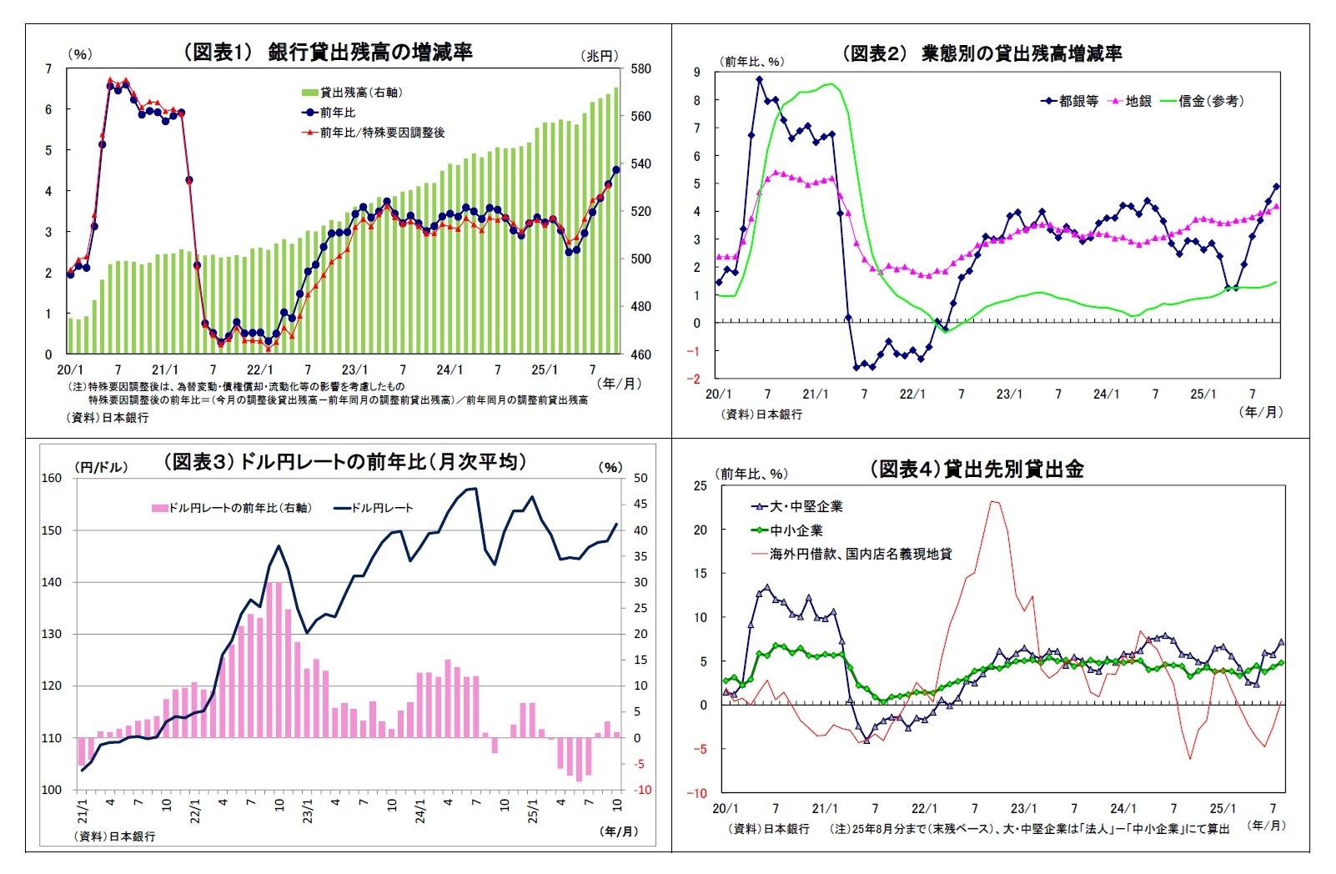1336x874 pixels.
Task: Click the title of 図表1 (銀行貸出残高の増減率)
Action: point(328,52)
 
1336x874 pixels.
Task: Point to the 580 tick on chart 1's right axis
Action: point(640,69)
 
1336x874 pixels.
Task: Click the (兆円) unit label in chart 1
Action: point(600,55)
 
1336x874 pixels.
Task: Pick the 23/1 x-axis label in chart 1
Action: point(354,369)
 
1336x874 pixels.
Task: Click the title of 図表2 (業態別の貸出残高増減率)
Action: point(982,53)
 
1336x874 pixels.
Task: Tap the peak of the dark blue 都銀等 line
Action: point(759,79)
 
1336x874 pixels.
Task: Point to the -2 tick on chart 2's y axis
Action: point(694,379)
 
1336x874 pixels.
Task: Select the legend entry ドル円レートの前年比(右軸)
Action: point(239,508)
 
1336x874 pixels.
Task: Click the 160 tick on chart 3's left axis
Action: point(52,478)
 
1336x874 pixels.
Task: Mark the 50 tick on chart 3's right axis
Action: point(640,478)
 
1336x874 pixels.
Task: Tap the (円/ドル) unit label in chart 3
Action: point(102,467)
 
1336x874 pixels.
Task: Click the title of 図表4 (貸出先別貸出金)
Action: point(977,469)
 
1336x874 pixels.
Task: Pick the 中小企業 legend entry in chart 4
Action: point(796,530)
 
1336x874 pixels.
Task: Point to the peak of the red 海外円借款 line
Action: point(993,501)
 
